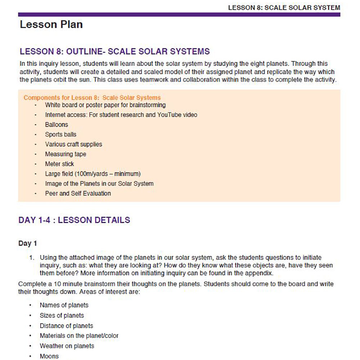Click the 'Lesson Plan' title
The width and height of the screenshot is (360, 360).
click(51, 24)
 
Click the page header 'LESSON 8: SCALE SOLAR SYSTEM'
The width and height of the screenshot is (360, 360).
click(284, 8)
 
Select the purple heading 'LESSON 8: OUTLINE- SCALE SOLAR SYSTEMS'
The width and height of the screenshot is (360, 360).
click(114, 51)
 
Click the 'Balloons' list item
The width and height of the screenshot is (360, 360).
click(57, 125)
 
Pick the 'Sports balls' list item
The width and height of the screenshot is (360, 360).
click(60, 134)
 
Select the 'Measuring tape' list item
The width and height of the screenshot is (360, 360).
click(66, 154)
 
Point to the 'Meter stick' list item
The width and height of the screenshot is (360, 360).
click(59, 164)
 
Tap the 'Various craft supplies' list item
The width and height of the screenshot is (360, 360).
click(73, 144)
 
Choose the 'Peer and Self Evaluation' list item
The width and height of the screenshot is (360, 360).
click(78, 193)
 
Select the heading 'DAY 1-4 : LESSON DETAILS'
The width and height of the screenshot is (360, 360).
click(74, 220)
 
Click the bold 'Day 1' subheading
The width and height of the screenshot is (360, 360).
click(27, 243)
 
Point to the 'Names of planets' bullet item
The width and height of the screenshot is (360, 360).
click(64, 305)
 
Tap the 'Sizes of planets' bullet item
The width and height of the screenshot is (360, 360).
click(62, 316)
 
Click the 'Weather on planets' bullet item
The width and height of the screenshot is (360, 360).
click(67, 346)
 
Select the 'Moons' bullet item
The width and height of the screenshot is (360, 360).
click(49, 356)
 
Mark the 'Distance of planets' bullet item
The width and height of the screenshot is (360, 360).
click(66, 326)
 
